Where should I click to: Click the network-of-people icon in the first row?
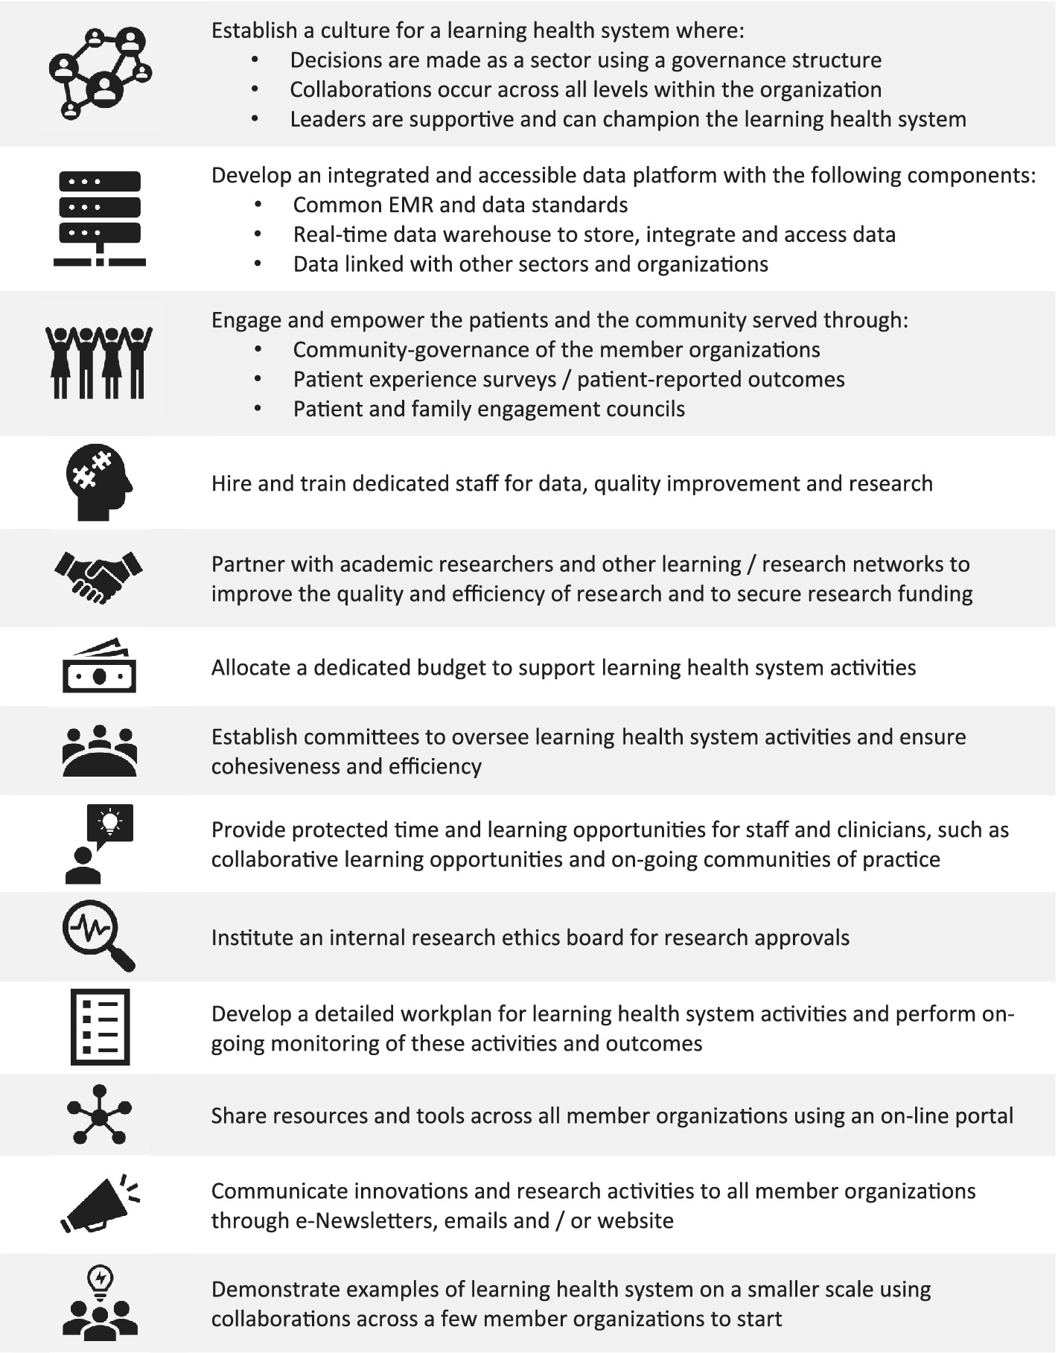tap(100, 73)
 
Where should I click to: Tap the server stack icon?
tap(100, 218)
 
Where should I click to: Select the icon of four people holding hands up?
tap(99, 363)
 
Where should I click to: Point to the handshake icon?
tap(98, 576)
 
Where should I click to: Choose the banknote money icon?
tap(99, 667)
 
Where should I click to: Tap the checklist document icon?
tap(100, 1027)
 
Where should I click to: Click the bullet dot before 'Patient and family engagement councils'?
tap(258, 409)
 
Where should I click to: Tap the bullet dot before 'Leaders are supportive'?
tap(255, 119)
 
